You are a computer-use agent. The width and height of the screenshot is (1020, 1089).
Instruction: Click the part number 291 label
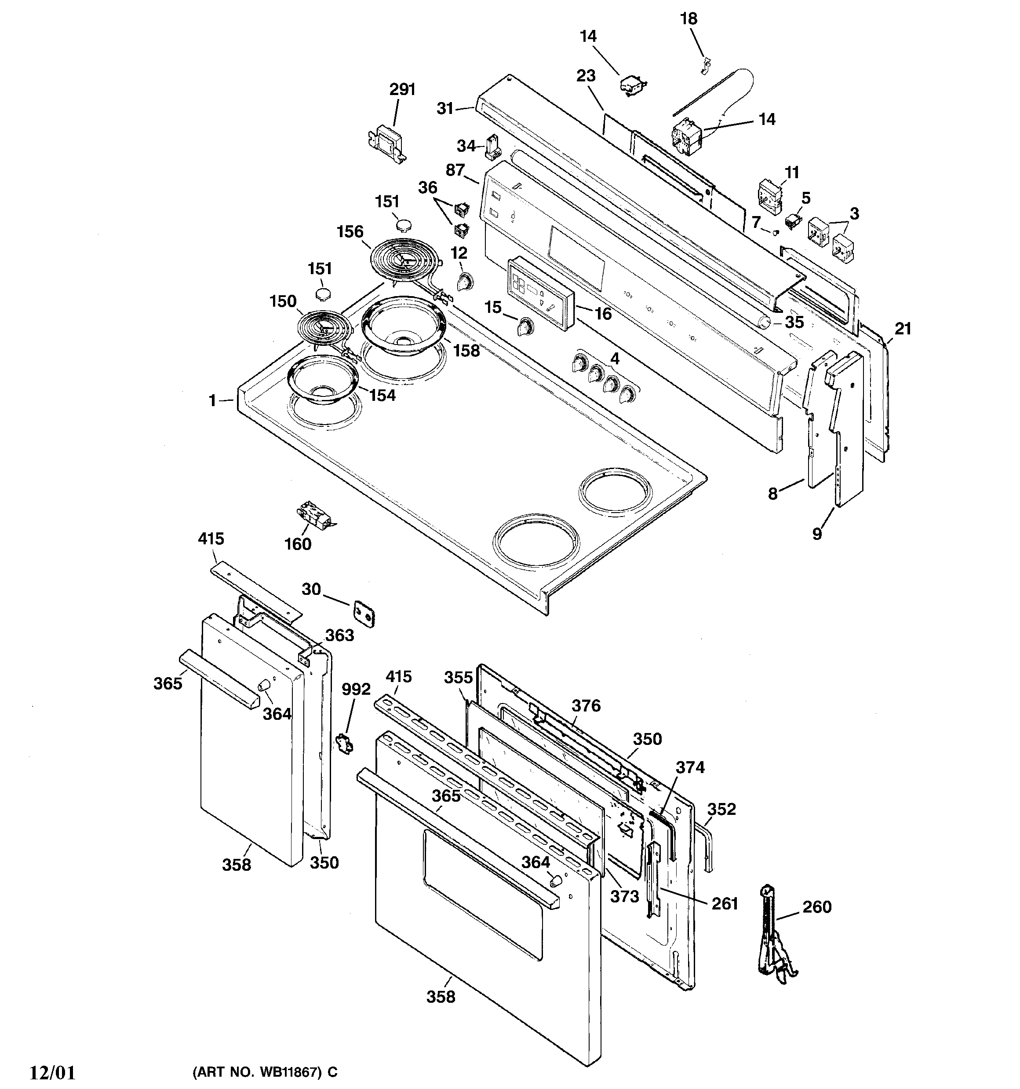click(402, 89)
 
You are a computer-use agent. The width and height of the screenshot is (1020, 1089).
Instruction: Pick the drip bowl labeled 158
click(403, 324)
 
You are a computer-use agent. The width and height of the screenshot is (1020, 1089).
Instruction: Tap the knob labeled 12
click(464, 282)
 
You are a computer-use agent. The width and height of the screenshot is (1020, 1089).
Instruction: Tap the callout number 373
click(624, 896)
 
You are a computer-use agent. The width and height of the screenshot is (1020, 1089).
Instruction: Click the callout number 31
click(445, 109)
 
